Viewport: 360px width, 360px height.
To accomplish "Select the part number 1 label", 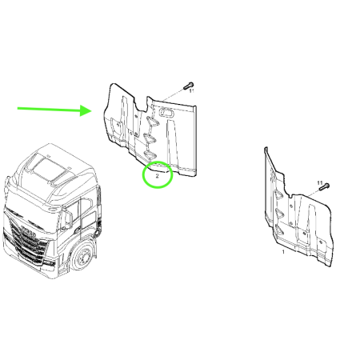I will coord(283,251).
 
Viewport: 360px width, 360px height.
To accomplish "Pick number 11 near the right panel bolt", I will coord(319,183).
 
